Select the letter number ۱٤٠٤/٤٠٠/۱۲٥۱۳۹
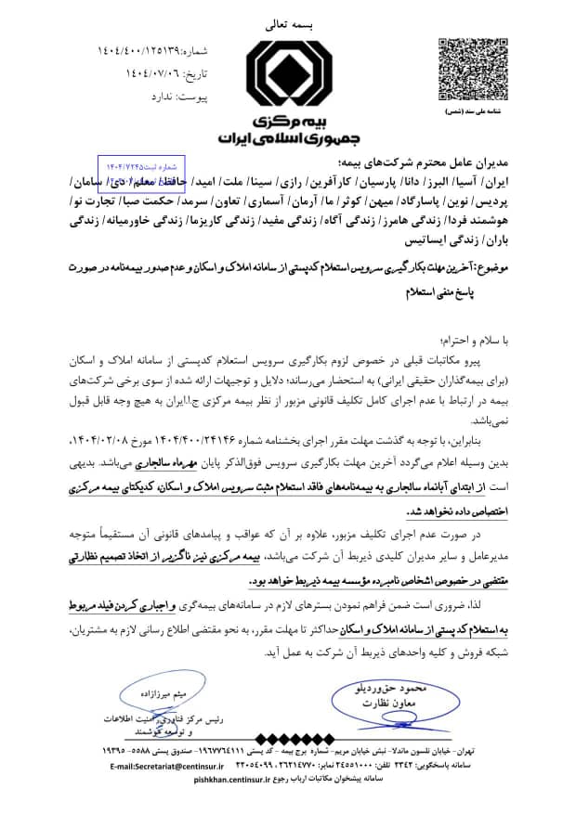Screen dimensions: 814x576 [149, 51]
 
